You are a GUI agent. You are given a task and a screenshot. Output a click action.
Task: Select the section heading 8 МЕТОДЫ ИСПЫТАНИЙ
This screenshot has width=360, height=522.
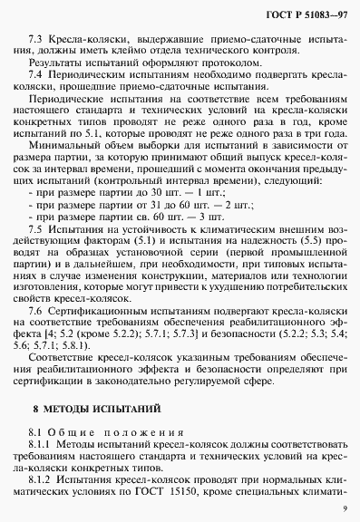85,411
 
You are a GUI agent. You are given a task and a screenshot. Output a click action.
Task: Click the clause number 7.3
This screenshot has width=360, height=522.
38,42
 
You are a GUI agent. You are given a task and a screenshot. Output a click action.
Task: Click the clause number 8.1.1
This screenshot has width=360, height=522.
42,448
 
